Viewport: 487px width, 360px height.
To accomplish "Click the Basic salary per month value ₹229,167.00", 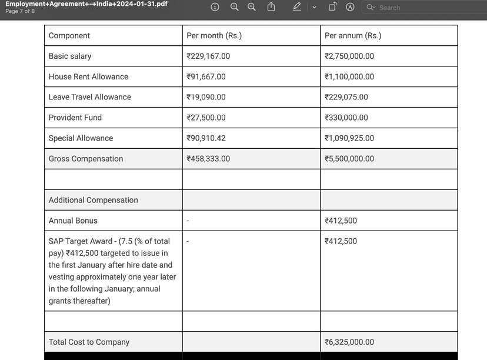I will pos(208,56).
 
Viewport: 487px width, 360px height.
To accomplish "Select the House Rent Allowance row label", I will pos(88,77).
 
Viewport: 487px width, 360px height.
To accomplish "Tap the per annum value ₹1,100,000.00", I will pos(349,77).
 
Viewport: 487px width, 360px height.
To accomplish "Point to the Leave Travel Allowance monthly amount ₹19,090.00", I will pos(206,98).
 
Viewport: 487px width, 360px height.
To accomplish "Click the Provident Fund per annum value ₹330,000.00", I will pos(346,118).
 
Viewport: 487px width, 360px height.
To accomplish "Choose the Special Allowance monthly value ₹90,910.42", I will pos(206,138).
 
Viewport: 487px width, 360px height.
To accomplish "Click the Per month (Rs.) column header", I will pos(214,36).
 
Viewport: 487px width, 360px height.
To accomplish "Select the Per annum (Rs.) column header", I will pos(353,36).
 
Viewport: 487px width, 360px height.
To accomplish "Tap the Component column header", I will pos(69,36).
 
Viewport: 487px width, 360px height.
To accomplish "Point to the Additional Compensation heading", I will pos(93,200).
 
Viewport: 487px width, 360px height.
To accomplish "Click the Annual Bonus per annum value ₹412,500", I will pos(341,221).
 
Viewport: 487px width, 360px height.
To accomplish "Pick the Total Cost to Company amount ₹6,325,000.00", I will pos(349,342).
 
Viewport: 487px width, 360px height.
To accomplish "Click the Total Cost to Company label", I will pos(89,342).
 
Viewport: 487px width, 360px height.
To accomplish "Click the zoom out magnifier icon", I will pos(234,7).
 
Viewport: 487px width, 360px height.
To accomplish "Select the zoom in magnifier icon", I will pos(252,7).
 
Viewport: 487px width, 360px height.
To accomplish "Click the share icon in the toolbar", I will pos(271,7).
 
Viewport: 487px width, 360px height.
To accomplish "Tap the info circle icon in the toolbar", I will pos(215,7).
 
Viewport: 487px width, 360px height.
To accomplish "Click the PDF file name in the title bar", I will pos(86,4).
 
